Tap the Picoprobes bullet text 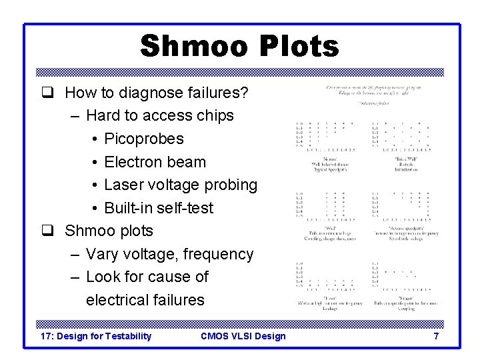pyautogui.click(x=143, y=139)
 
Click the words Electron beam pyautogui.click(x=155, y=162)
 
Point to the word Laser pyautogui.click(x=123, y=185)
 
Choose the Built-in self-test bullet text pyautogui.click(x=159, y=208)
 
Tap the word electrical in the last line pyautogui.click(x=117, y=300)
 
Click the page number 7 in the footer pyautogui.click(x=436, y=336)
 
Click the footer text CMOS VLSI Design pyautogui.click(x=243, y=336)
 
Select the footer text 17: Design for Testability pyautogui.click(x=96, y=336)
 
